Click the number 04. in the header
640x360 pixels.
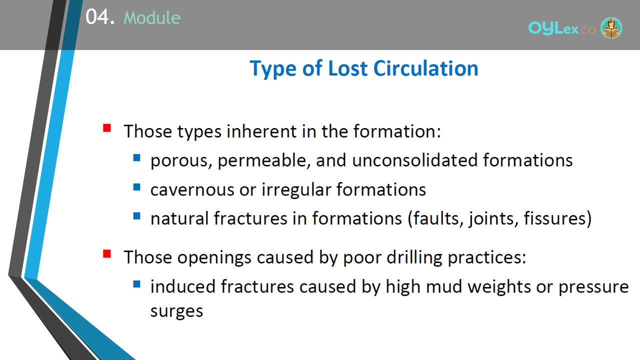100,17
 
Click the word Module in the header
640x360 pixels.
152,17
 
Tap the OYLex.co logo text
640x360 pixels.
561,28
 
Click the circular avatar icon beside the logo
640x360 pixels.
611,28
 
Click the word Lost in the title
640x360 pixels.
347,69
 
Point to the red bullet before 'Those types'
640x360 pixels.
107,128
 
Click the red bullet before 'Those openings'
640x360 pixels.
107,253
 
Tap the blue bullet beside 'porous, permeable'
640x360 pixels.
137,157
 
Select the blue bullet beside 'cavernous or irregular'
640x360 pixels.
137,187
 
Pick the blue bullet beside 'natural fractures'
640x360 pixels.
137,216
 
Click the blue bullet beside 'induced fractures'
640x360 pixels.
137,284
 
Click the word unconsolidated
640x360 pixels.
415,160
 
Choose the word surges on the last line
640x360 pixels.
176,311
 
